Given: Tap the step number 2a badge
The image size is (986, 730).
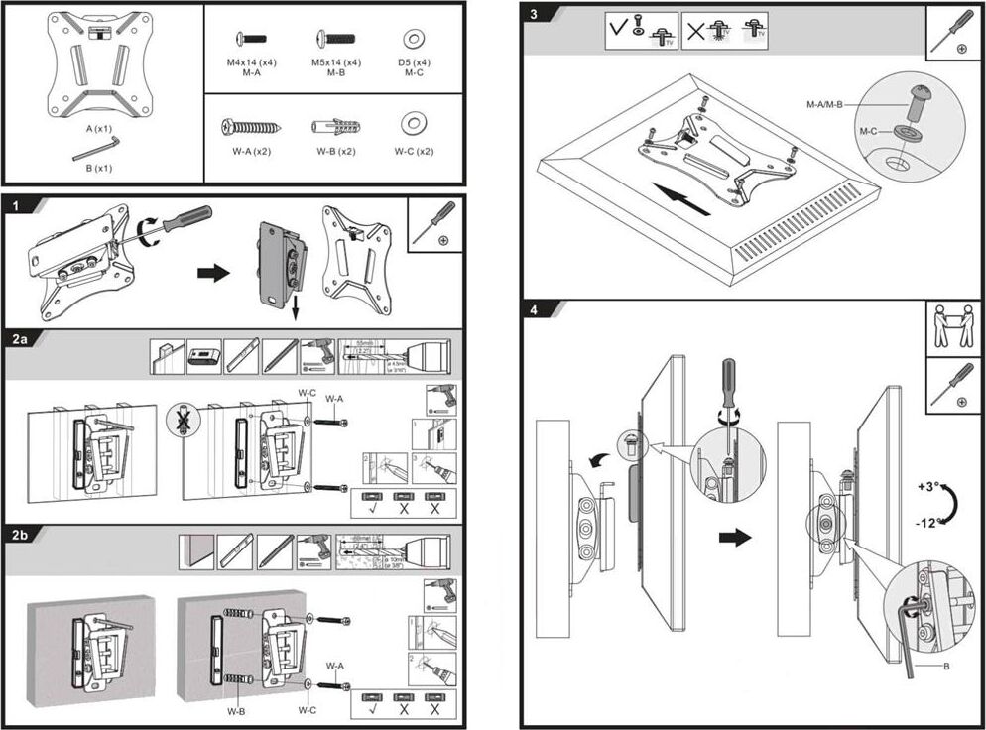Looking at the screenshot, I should pyautogui.click(x=21, y=338).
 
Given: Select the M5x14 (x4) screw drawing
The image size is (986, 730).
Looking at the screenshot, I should pyautogui.click(x=335, y=39).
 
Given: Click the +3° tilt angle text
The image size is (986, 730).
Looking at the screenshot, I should pyautogui.click(x=927, y=488).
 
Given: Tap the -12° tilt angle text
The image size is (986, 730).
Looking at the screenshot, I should pyautogui.click(x=929, y=524).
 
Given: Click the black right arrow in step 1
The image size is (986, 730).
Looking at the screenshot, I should pyautogui.click(x=212, y=272).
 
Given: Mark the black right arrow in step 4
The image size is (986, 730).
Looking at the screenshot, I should pyautogui.click(x=736, y=537).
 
